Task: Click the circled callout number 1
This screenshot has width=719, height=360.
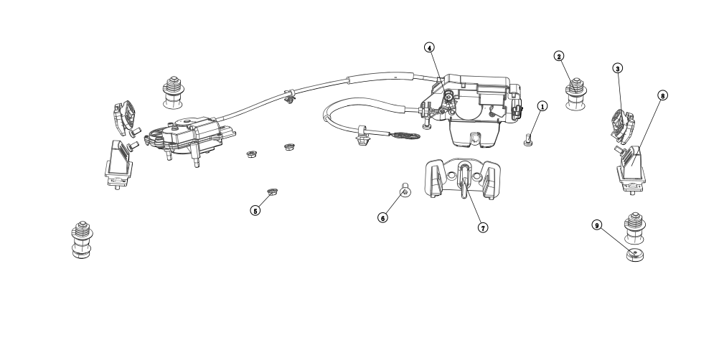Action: click(x=542, y=106)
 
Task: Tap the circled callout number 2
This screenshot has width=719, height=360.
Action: click(x=559, y=56)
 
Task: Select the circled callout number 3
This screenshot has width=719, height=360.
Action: click(x=617, y=68)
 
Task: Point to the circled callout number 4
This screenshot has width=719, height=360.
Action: click(x=428, y=48)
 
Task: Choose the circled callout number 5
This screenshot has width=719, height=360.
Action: click(x=255, y=211)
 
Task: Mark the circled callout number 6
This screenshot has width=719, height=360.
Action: click(x=383, y=217)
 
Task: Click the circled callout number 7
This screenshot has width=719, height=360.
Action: click(x=483, y=227)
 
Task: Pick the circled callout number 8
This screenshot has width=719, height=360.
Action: click(x=662, y=95)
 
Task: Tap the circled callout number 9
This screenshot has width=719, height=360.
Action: click(x=596, y=224)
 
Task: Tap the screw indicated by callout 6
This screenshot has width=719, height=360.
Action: click(x=405, y=190)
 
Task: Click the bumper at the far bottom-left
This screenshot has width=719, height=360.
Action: click(x=82, y=240)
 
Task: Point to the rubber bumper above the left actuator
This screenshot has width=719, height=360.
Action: click(x=172, y=91)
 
